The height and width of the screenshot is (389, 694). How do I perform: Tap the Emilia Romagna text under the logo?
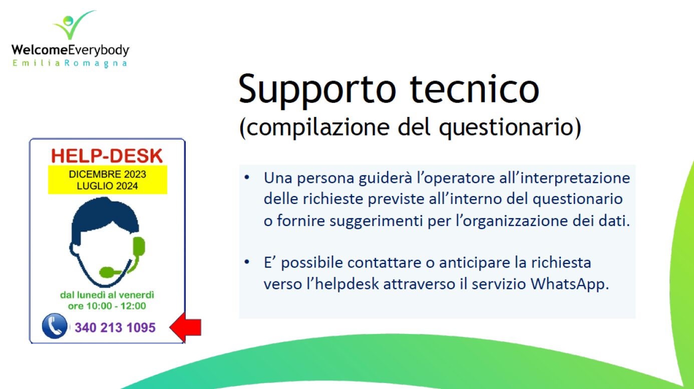[x=70, y=63]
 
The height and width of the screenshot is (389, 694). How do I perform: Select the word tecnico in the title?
[x=475, y=89]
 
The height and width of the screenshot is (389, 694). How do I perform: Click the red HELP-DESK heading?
[x=107, y=155]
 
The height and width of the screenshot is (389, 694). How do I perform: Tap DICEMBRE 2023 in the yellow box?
[x=108, y=174]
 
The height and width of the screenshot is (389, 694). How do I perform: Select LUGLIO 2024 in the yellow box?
[x=108, y=186]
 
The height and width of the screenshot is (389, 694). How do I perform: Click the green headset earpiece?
[x=139, y=246]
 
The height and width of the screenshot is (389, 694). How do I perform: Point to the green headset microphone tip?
[x=107, y=272]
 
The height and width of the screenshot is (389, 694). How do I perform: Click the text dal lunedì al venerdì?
[x=107, y=295]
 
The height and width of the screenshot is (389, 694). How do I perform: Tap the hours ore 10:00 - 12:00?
[x=107, y=306]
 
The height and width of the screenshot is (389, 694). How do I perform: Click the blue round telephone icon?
[x=55, y=326]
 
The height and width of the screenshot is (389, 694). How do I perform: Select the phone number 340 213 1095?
[x=115, y=327]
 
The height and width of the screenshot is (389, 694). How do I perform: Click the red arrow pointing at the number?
[x=185, y=327]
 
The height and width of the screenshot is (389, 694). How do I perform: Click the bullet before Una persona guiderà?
[x=247, y=177]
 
